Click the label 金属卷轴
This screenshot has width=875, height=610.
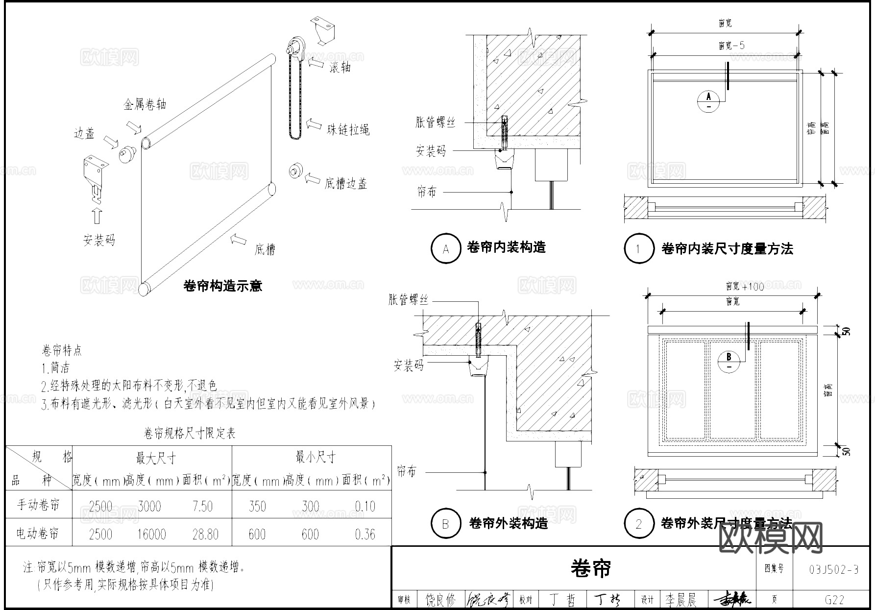coord(145,104)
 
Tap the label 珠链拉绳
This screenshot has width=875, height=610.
coord(348,130)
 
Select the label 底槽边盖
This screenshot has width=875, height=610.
coord(345,184)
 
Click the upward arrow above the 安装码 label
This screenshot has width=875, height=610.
coord(97,216)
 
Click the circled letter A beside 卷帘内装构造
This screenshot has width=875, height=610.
coord(445,249)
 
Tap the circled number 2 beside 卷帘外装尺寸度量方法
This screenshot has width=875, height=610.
coord(638,524)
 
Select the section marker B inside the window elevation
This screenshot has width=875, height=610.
coord(729,361)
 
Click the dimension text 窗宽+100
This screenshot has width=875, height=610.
coord(745,286)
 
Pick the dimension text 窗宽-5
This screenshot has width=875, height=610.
coord(731,46)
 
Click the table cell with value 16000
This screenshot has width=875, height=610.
coord(151,534)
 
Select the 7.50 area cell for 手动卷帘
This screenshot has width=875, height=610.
coord(203,506)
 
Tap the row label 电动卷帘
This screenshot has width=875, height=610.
coord(38,534)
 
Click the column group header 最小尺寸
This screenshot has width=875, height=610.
coord(315,458)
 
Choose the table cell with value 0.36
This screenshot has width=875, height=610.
coord(365,534)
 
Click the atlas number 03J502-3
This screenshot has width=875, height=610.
coord(834,569)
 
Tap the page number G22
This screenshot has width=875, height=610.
coord(834,600)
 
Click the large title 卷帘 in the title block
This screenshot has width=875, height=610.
coord(591,568)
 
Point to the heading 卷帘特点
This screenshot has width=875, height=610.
coord(62,351)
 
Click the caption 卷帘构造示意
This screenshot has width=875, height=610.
coord(222,286)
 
